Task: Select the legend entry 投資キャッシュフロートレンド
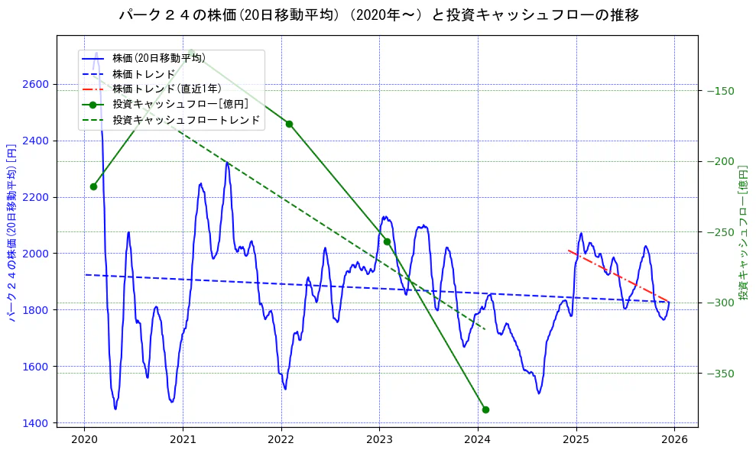[186, 120]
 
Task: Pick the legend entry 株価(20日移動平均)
[158, 58]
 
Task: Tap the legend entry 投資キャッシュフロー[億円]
[180, 104]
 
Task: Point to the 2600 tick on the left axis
[37, 84]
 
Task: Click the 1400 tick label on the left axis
[37, 422]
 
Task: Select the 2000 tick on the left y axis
[37, 254]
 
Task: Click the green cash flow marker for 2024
[485, 409]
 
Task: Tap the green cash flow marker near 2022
[289, 124]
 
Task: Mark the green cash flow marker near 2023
[387, 241]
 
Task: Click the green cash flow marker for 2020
[93, 186]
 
